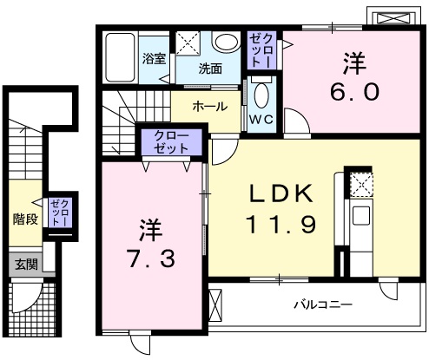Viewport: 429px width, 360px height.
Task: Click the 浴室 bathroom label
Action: pos(155,61)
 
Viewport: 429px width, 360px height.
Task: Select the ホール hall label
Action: pos(210,107)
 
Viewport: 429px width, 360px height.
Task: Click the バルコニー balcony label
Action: pos(321,305)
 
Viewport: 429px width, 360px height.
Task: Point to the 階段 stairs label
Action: pos(25,219)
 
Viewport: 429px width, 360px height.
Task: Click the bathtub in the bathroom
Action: pos(120,57)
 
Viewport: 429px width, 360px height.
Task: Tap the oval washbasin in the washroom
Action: pos(228,44)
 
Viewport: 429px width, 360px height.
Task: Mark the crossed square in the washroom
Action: pos(187,43)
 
